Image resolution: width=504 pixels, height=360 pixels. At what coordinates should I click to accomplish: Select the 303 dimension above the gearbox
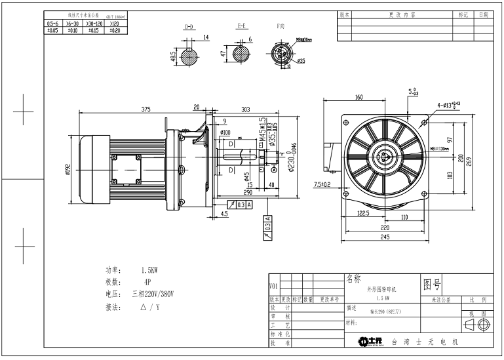(227, 110)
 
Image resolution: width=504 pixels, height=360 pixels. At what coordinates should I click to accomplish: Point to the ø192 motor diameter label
(68, 170)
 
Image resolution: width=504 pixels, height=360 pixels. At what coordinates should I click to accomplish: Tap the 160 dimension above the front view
(359, 98)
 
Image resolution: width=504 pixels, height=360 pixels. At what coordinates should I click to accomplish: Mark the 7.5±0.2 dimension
(322, 184)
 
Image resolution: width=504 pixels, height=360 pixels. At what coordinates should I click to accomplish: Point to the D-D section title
(189, 28)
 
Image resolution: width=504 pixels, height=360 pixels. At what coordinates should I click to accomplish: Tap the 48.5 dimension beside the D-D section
(173, 58)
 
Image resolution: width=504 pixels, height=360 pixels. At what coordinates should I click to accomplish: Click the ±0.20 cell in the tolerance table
(114, 30)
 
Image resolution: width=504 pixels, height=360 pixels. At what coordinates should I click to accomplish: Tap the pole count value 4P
(147, 281)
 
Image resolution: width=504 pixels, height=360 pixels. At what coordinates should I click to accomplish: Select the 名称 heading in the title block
(353, 279)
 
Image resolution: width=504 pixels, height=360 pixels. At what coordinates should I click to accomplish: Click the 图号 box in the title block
(433, 284)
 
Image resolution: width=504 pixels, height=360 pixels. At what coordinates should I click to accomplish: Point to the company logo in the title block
(370, 342)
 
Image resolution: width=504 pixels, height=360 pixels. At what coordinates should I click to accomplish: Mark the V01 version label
(273, 287)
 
